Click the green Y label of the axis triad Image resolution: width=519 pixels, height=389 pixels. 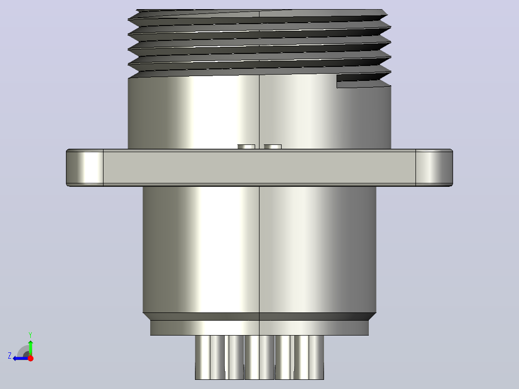pos(30,335)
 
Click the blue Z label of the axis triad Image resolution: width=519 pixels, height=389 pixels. pos(10,356)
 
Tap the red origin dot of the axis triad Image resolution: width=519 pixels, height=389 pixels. pos(30,358)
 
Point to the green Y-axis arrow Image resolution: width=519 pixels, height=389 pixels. pos(30,348)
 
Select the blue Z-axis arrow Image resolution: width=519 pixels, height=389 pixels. pos(21,358)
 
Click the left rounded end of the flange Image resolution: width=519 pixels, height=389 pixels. pos(85,168)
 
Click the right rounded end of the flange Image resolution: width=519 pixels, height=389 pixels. pos(434,168)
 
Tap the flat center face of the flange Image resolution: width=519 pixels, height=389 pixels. pos(259,168)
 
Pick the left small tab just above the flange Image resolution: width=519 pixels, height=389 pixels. pos(247,147)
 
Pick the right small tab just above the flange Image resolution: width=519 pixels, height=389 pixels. pos(272,147)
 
